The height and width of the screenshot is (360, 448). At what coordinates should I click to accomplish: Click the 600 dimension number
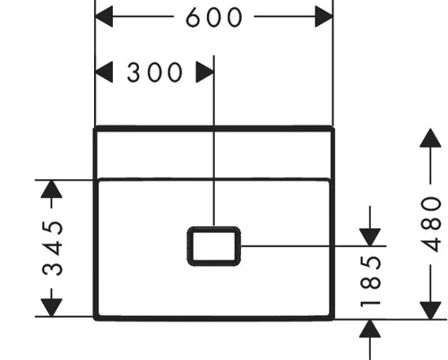214,17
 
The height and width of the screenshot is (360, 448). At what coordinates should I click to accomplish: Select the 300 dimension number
154,73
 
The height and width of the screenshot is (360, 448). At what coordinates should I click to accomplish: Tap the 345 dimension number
53,248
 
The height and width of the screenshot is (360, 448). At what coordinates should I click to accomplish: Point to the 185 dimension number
371,281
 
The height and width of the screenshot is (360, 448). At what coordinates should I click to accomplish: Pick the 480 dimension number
430,225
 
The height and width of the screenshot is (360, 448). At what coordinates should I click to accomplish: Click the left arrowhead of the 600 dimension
104,17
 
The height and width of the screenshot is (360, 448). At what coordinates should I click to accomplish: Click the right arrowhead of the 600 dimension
323,17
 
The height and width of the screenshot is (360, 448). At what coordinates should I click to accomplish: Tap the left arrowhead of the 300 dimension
104,72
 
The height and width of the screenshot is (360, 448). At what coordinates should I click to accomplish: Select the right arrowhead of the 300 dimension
205,72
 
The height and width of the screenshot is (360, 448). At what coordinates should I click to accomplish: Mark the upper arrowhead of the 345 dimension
51,189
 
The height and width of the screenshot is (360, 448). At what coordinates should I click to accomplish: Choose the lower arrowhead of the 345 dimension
51,307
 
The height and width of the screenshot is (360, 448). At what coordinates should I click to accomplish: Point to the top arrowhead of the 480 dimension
430,138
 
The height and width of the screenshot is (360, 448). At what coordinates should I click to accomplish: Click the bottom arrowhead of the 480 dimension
430,311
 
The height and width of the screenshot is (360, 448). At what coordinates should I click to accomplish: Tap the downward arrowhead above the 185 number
370,237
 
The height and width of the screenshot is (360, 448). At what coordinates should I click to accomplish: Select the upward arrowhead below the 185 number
370,329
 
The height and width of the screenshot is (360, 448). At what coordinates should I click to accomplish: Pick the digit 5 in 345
53,228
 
